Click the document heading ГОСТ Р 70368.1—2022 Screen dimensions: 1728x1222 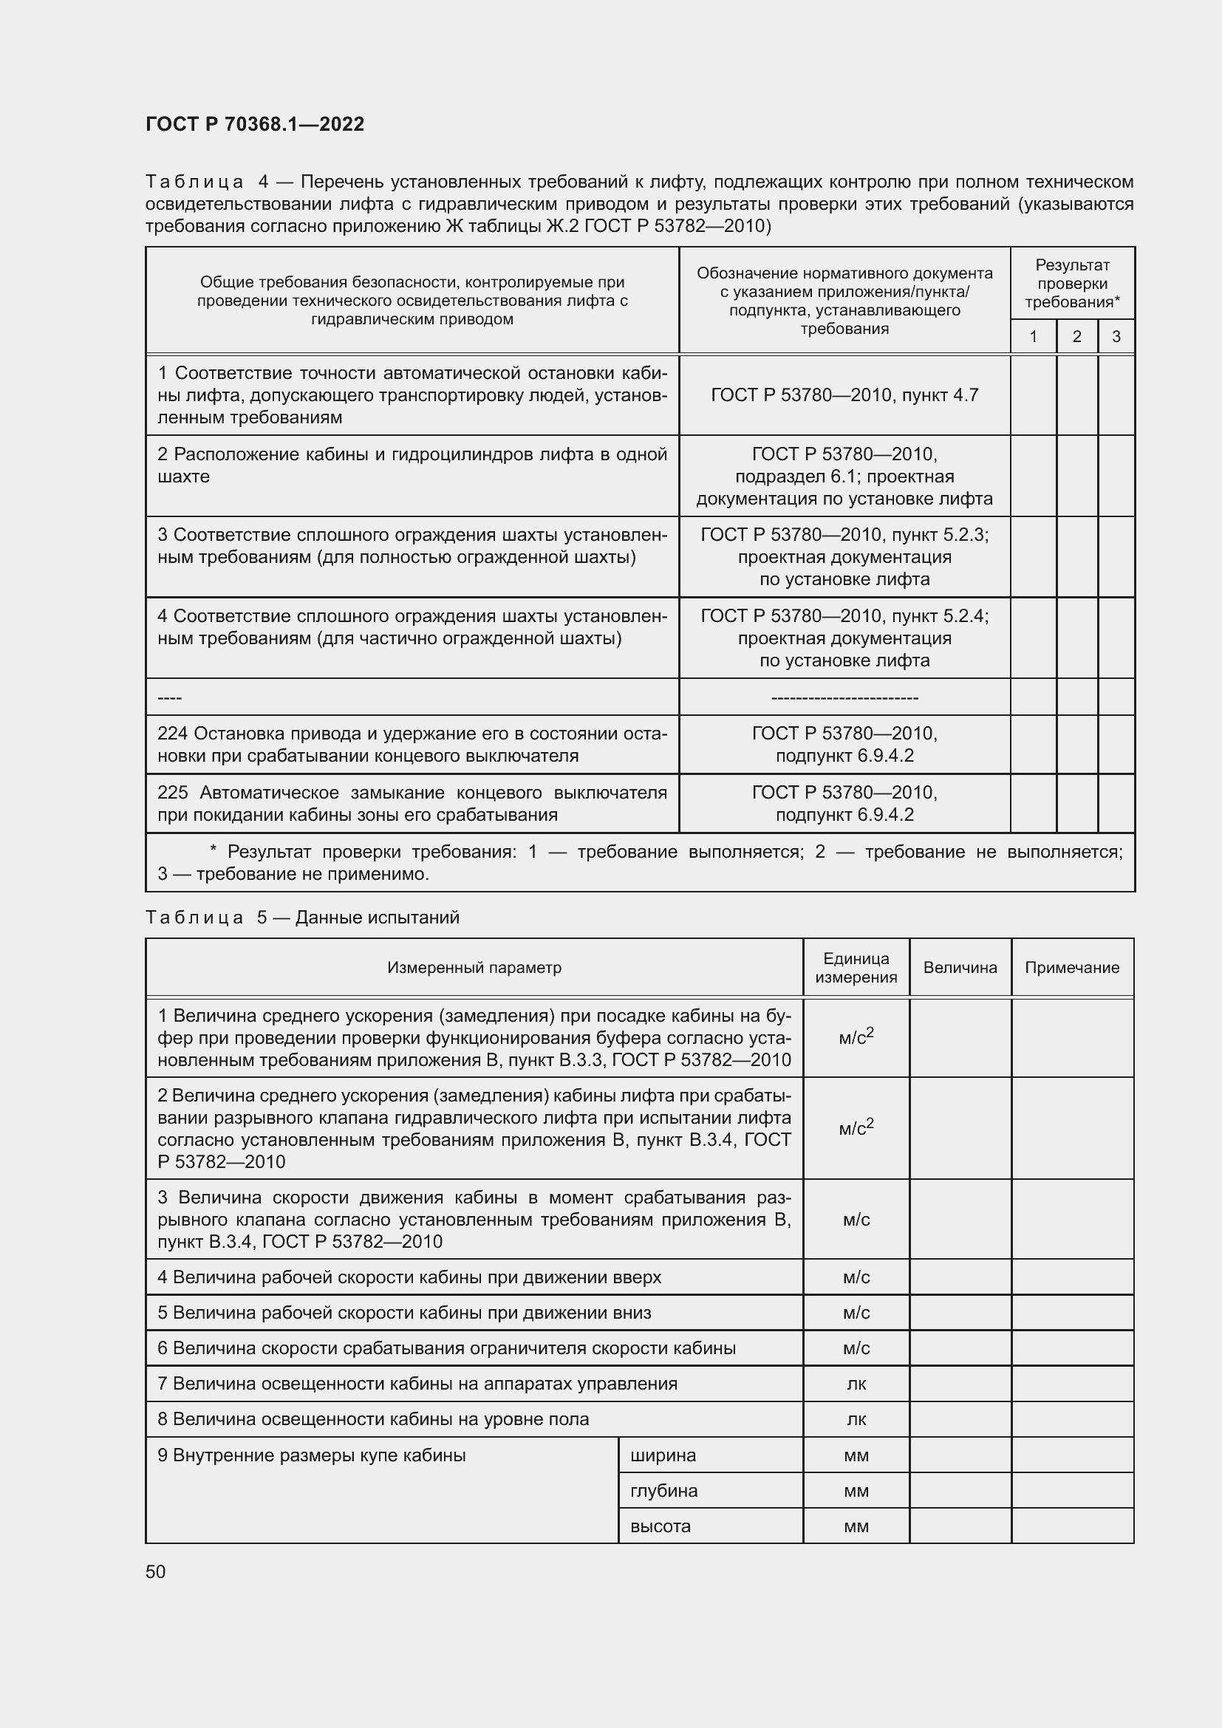[x=254, y=124]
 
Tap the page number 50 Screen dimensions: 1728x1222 [x=156, y=1571]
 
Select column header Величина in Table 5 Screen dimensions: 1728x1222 [x=960, y=967]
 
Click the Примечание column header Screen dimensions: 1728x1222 [x=1071, y=967]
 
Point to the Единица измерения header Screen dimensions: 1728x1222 [x=856, y=967]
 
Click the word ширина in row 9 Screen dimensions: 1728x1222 [x=663, y=1455]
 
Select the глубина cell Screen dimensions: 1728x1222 [x=663, y=1490]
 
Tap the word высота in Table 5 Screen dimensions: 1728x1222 [x=660, y=1526]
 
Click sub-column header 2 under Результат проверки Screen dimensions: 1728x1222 [x=1076, y=336]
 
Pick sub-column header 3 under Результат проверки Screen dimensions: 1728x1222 [x=1116, y=336]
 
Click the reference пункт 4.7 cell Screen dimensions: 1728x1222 [x=844, y=395]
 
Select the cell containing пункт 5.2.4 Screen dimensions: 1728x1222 [x=844, y=638]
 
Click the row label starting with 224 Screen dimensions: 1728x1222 [x=412, y=745]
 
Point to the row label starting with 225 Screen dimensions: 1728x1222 [x=412, y=803]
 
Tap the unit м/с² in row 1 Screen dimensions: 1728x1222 [x=856, y=1038]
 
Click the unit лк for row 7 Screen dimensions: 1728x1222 [x=856, y=1383]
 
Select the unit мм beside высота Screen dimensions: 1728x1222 [x=856, y=1526]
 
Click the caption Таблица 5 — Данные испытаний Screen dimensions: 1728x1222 [x=301, y=918]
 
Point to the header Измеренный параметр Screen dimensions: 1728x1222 [x=474, y=967]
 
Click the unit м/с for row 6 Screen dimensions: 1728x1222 [x=856, y=1348]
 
